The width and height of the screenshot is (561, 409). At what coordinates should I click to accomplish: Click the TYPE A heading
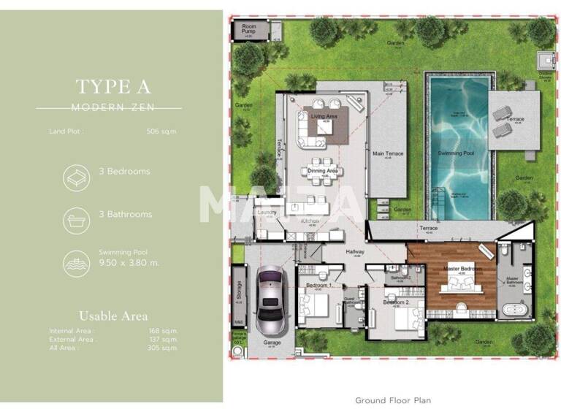click(112, 86)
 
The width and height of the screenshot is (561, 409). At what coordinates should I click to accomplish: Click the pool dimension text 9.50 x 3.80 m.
click(129, 263)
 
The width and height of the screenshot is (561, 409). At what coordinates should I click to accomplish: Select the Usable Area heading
click(113, 316)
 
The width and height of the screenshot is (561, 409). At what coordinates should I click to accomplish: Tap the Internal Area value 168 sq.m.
click(163, 331)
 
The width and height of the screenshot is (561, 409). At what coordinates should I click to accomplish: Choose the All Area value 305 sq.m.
click(163, 348)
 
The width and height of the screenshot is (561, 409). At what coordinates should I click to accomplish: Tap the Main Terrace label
click(388, 154)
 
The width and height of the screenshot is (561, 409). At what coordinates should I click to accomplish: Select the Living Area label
click(323, 117)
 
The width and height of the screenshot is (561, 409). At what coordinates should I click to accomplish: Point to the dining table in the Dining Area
click(322, 162)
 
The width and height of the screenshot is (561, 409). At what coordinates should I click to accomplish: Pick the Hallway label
click(354, 251)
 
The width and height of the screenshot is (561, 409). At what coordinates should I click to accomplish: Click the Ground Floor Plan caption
click(392, 400)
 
